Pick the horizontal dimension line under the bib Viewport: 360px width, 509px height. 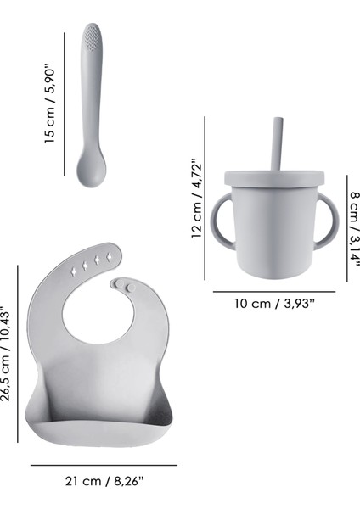pyautogui.click(x=104, y=464)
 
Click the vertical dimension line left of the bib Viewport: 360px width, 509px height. pyautogui.click(x=19, y=352)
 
